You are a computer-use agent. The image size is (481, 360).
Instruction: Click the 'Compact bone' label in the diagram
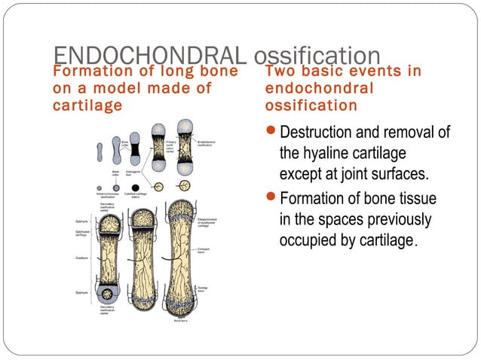204,251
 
